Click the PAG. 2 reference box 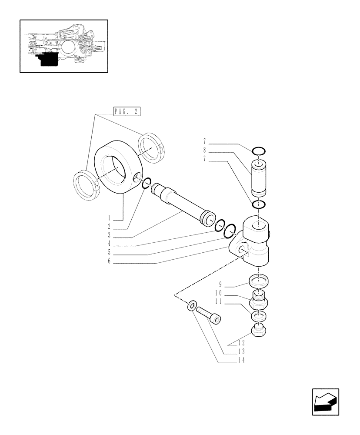click(127, 112)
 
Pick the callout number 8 click(204, 151)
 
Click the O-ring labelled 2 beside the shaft click(147, 184)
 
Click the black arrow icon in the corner click(325, 402)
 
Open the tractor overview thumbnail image click(64, 46)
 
